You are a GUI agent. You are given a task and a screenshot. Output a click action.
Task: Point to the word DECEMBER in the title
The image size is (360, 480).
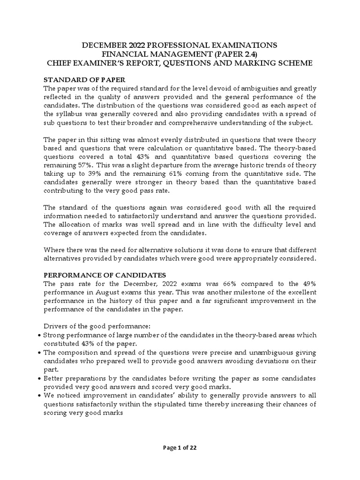point(106,45)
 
